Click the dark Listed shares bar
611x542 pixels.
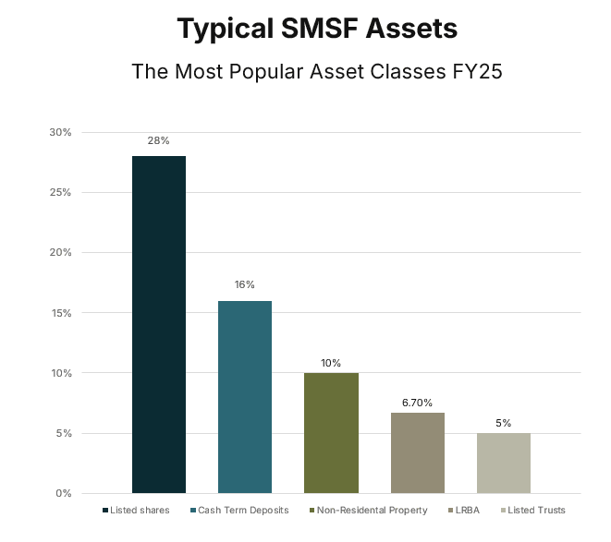159,324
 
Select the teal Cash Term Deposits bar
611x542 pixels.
245,396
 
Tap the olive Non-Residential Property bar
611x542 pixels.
331,432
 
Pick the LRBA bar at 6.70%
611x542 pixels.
418,452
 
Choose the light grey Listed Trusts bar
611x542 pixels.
504,463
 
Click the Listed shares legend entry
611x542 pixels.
137,510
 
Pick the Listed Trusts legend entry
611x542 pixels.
533,510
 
